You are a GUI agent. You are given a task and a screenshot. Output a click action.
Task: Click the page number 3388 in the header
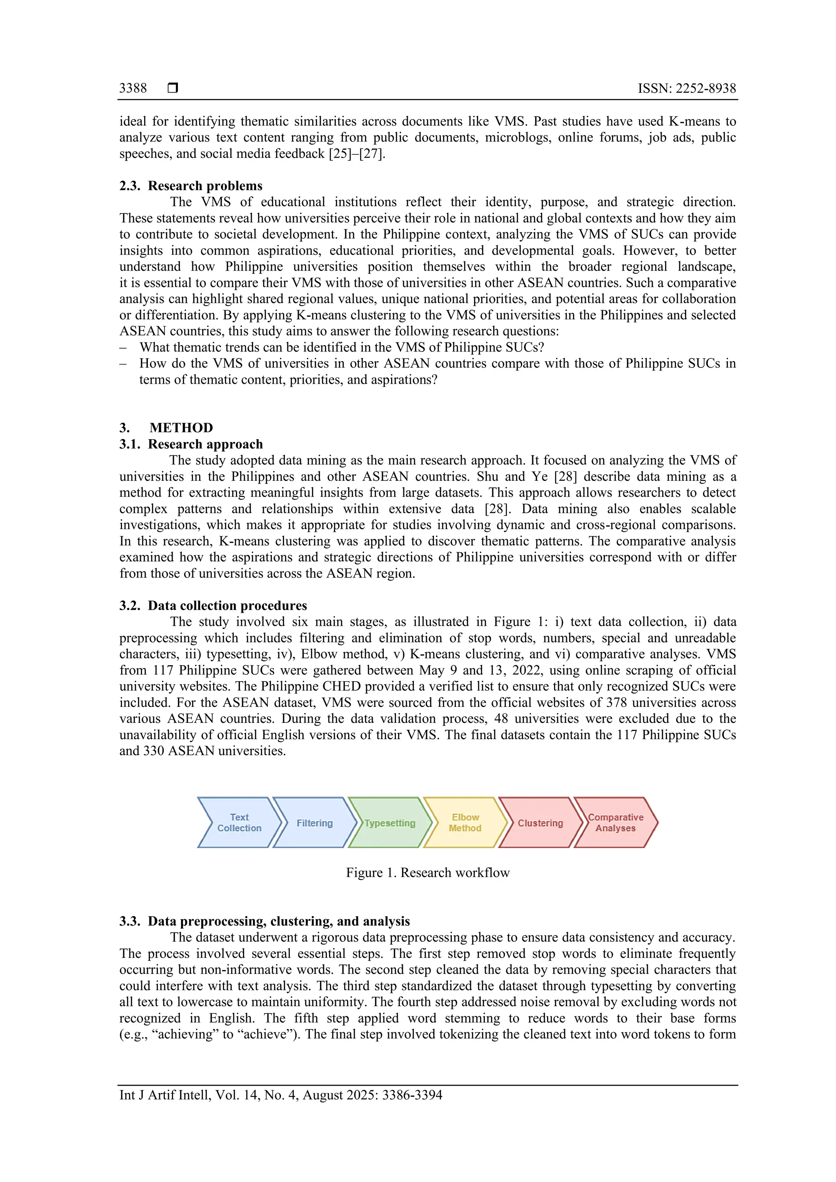[133, 88]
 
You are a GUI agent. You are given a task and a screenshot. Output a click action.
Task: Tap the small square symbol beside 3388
[173, 88]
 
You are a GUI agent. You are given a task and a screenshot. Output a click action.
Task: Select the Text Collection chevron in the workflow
[239, 823]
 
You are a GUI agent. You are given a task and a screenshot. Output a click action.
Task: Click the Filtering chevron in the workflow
[315, 823]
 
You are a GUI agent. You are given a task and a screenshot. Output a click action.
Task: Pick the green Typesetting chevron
[390, 823]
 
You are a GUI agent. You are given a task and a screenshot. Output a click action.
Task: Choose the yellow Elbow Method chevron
[465, 823]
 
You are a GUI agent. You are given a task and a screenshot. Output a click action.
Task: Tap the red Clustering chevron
[540, 823]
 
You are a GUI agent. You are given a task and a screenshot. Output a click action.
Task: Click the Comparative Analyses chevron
[616, 823]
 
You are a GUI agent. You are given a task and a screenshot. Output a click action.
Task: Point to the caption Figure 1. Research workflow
[427, 873]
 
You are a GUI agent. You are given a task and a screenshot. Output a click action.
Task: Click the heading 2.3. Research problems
[191, 186]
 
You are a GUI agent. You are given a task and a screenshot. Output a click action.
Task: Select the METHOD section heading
[181, 428]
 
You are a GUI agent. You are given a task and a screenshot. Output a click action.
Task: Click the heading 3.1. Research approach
[191, 444]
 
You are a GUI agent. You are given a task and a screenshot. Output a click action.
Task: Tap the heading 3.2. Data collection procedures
[213, 605]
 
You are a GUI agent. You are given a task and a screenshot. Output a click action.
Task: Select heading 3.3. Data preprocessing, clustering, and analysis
[265, 921]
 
